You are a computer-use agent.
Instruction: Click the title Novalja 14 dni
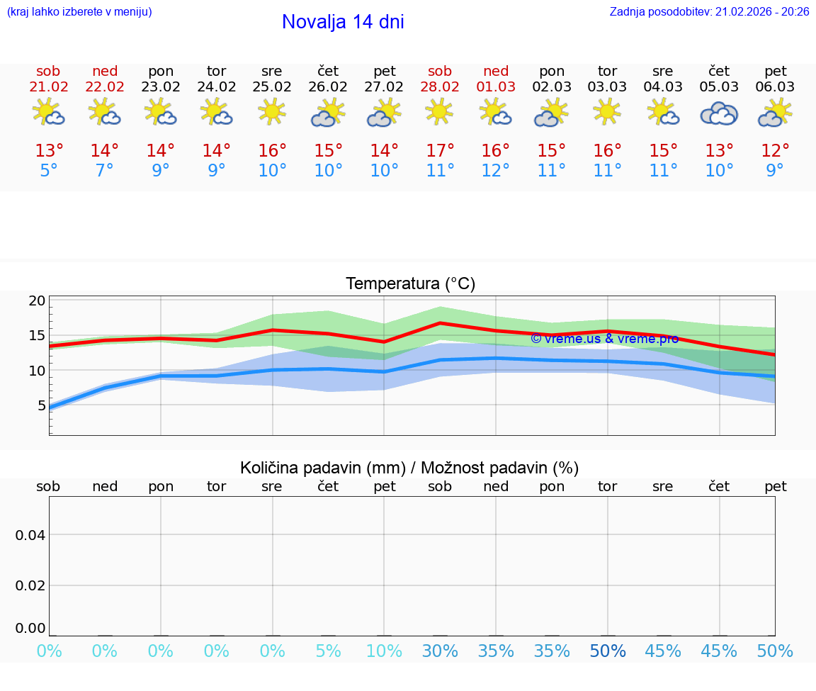pos(343,22)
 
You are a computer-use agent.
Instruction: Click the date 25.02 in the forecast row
pos(272,87)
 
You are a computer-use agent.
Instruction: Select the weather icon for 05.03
pos(720,113)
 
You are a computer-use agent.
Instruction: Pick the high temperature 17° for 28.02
pos(440,151)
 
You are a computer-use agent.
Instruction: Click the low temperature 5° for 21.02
pos(48,171)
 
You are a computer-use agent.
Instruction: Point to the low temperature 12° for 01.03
pos(496,171)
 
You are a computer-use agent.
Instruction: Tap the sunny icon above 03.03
pos(608,112)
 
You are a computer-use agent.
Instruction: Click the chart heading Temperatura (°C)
pos(410,284)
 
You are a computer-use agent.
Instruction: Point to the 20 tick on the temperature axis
pos(38,300)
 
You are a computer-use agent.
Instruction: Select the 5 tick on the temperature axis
pos(41,405)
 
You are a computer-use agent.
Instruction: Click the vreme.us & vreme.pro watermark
pos(604,339)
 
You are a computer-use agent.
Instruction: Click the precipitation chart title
pos(409,468)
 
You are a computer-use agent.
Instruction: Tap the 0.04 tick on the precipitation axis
pos(30,535)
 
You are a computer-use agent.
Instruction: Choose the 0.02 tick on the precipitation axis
pos(30,585)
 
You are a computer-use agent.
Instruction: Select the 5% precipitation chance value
pos(328,651)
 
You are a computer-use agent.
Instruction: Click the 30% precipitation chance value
pos(440,651)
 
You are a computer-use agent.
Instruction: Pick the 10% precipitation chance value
pos(384,651)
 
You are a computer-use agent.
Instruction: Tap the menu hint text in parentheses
pos(79,11)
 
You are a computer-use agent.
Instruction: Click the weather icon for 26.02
pos(328,113)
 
